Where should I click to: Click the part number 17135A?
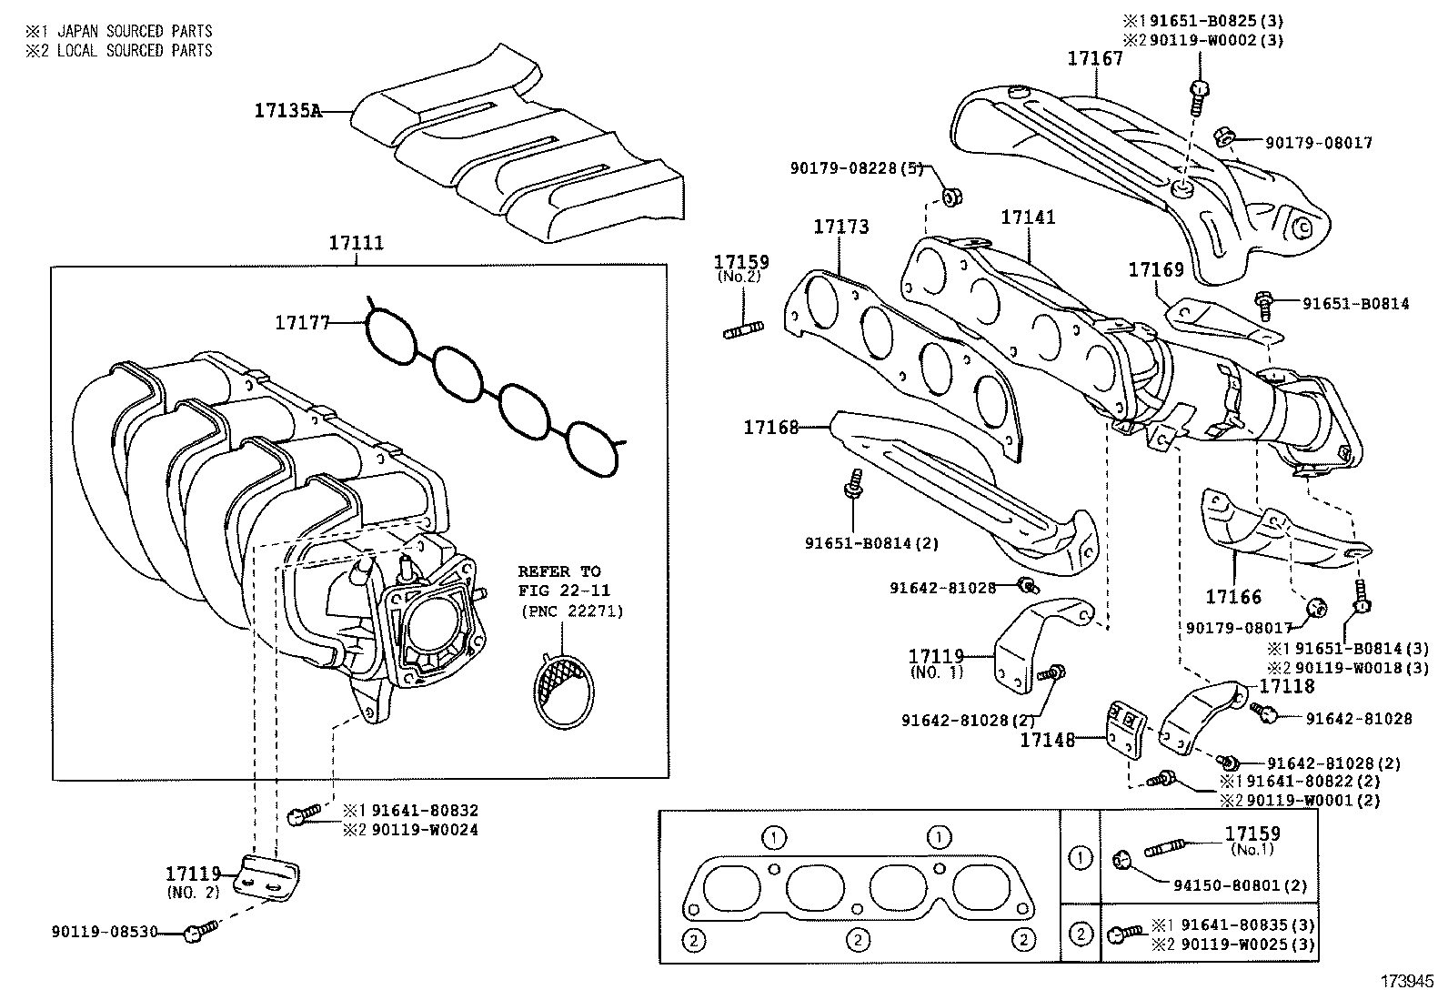tap(287, 111)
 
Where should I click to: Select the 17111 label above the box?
tap(356, 244)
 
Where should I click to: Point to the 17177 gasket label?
tap(302, 322)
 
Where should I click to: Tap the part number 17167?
tap(1095, 59)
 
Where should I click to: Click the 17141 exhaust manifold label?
tap(1028, 218)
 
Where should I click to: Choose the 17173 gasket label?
tap(840, 227)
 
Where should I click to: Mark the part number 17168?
tap(770, 427)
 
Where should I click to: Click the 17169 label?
tap(1156, 270)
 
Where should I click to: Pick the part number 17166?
tap(1233, 597)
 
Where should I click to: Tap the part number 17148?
tap(1047, 741)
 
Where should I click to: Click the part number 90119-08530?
tap(105, 933)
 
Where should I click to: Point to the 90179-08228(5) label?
tap(856, 168)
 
